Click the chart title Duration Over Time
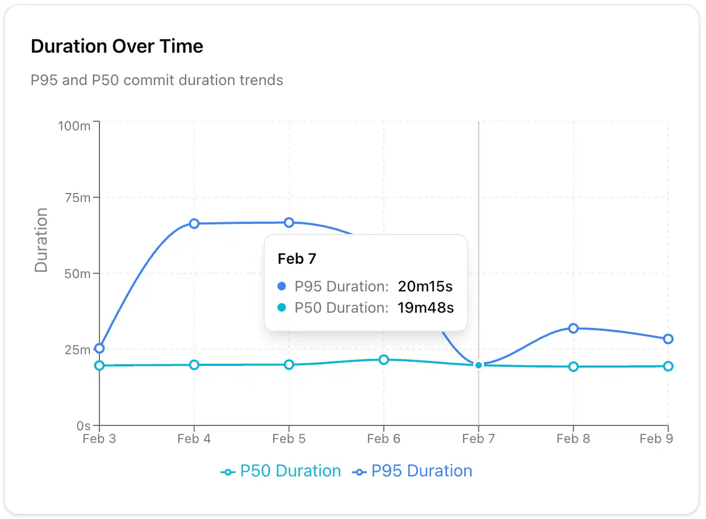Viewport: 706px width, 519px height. pos(117,46)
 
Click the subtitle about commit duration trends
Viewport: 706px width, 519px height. pos(157,80)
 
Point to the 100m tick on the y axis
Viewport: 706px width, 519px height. pos(74,126)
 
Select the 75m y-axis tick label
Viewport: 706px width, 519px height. pos(78,198)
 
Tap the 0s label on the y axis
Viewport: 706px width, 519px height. pos(83,426)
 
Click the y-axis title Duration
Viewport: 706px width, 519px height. pos(41,240)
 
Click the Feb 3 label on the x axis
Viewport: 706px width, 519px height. pos(99,439)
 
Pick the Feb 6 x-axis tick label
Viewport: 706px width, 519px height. pos(383,439)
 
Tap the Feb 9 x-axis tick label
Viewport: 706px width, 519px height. pos(656,439)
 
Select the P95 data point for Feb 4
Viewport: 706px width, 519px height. pos(194,223)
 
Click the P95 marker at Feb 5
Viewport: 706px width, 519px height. pos(289,222)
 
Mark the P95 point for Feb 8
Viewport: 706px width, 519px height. pos(573,328)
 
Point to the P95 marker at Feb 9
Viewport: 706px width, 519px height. pos(668,339)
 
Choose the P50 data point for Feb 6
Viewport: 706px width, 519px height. pos(383,359)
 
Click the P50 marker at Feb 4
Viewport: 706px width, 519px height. pos(194,365)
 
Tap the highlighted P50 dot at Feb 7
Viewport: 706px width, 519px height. pos(478,365)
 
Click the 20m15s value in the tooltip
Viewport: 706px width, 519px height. pos(425,287)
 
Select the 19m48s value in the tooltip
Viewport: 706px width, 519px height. pos(426,308)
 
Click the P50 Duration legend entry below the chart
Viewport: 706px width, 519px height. pos(281,471)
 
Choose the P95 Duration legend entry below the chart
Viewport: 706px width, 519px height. pos(413,471)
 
